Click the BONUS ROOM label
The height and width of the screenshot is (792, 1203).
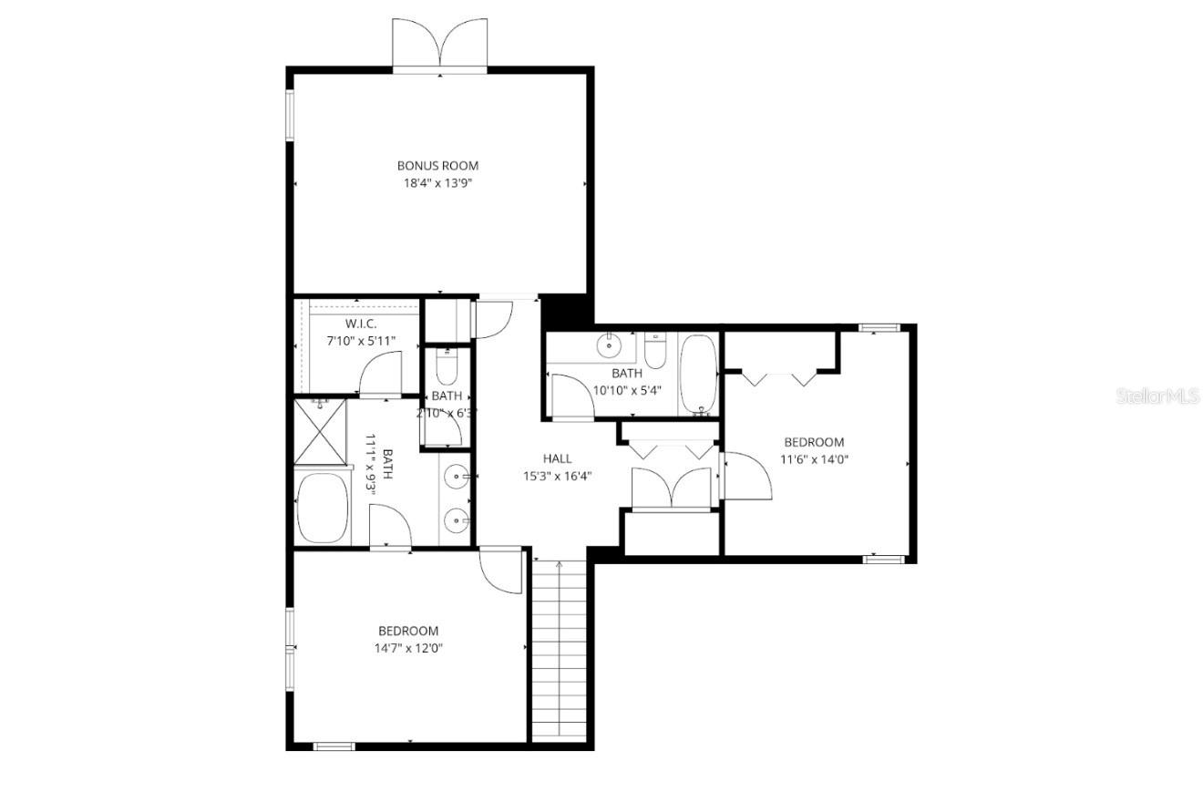[x=437, y=166]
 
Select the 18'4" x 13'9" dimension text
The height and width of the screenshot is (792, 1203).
[x=437, y=183]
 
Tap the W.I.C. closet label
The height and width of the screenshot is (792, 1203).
[x=361, y=324]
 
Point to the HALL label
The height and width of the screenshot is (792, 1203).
[x=557, y=458]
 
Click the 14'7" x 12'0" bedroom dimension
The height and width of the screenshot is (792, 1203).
[x=408, y=648]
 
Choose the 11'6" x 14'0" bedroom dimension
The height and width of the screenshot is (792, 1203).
[x=814, y=459]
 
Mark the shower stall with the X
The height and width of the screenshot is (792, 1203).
[x=321, y=431]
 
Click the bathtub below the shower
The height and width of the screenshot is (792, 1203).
[x=322, y=507]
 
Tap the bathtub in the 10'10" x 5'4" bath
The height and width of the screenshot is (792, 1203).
[x=699, y=374]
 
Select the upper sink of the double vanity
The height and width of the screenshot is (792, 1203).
[x=457, y=475]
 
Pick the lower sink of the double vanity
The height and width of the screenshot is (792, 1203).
[x=457, y=519]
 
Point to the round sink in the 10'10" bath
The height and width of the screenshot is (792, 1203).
[x=608, y=346]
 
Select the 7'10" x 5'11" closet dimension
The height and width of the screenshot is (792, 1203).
[x=361, y=340]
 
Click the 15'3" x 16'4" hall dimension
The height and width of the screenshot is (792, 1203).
[x=557, y=475]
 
